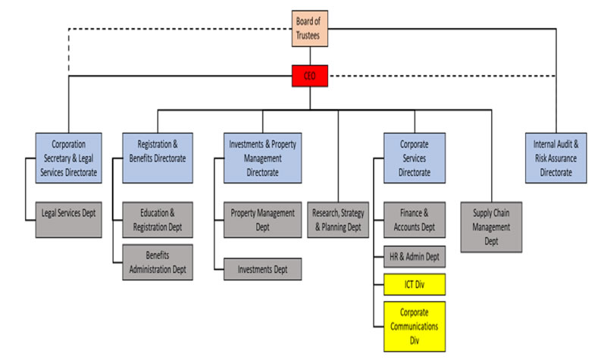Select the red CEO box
(x=309, y=75)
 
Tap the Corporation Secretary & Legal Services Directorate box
(x=68, y=158)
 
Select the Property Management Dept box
(x=262, y=219)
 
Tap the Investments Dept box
(x=262, y=268)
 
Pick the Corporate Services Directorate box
(x=414, y=158)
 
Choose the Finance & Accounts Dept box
(x=414, y=219)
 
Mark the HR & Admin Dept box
(x=414, y=256)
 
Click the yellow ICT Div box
(x=414, y=285)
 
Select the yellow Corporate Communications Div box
(x=414, y=326)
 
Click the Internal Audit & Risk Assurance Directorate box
(x=556, y=158)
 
